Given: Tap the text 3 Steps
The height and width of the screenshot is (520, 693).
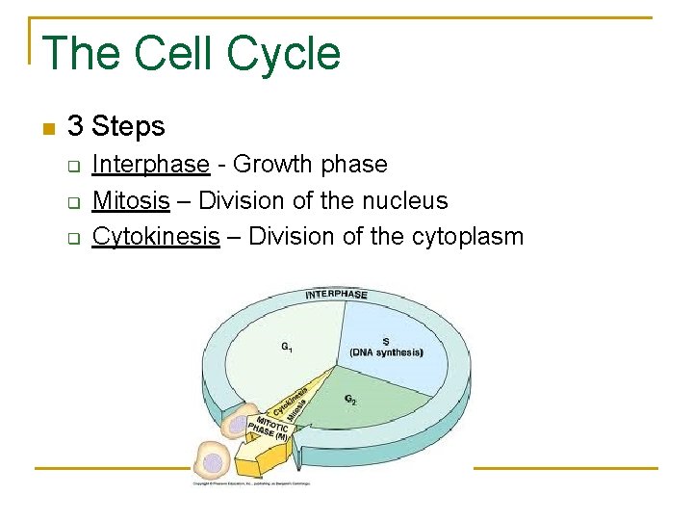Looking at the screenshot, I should tap(116, 126).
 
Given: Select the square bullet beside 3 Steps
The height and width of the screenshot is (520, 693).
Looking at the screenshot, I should tap(49, 128).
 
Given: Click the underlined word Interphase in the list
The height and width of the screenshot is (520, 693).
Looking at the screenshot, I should tap(150, 165).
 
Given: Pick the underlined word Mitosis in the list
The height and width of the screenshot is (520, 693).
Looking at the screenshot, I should tap(131, 201).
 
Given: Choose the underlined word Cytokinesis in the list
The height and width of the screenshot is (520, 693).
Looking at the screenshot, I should tap(156, 237).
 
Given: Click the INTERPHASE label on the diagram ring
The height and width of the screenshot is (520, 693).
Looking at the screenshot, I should tap(337, 294).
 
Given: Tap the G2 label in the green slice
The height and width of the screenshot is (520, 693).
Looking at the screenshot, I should tap(350, 399).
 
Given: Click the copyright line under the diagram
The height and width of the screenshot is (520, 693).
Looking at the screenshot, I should tap(249, 483).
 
